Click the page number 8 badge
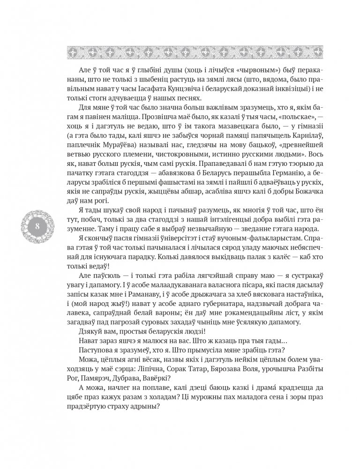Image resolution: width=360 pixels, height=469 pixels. (36, 226)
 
